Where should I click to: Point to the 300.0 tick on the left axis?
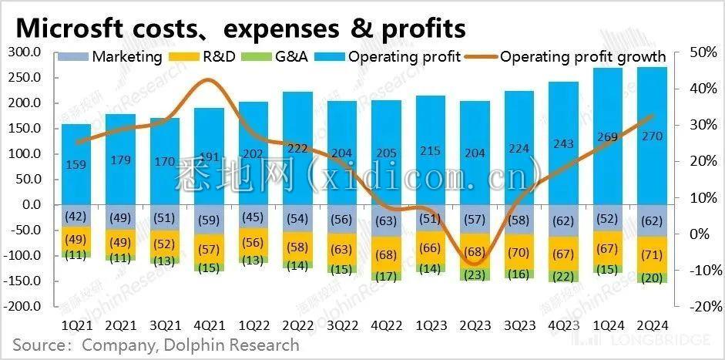click(x=24, y=52)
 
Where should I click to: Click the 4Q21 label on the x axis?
click(x=209, y=324)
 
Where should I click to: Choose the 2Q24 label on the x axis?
click(x=653, y=324)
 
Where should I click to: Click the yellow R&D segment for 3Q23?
click(x=519, y=251)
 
